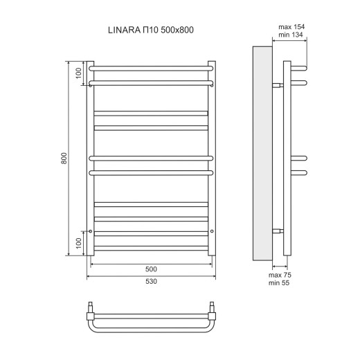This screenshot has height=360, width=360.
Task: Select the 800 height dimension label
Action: click(64, 159)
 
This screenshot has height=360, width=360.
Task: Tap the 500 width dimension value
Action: click(152, 269)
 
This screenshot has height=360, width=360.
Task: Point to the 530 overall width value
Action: click(152, 282)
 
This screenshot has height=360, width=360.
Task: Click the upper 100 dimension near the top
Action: click(79, 73)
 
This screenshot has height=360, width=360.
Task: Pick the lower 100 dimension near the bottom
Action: click(79, 243)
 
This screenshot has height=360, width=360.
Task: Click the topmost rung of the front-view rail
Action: click(152, 68)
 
